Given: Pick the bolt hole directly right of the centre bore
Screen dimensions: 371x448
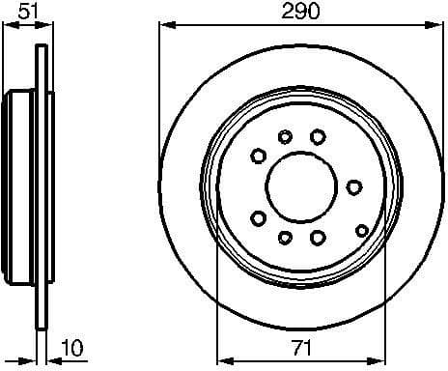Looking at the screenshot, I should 354,185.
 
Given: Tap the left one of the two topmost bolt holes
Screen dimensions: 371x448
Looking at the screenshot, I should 285,137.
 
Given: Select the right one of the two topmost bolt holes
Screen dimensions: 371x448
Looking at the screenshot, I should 317,137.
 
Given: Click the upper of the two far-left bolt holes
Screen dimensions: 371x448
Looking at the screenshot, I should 258,154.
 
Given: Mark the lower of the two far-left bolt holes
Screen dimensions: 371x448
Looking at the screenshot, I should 257,217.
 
